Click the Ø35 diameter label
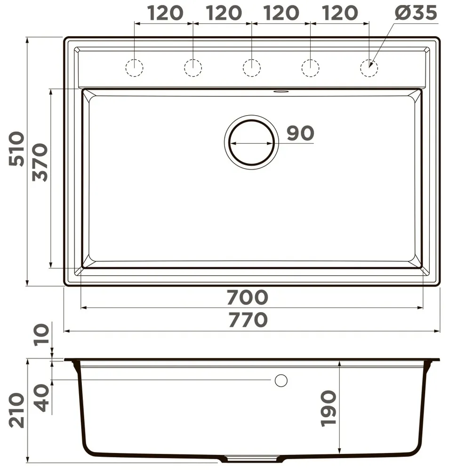pos(416,13)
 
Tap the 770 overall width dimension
pos(248,320)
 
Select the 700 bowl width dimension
pos(247,297)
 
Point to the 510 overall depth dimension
pos(16,149)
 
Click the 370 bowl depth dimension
pos(40,163)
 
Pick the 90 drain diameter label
pos(300,133)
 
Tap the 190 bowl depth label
pos(329,408)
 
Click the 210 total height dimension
pos(16,410)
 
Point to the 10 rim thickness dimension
pos(41,335)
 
